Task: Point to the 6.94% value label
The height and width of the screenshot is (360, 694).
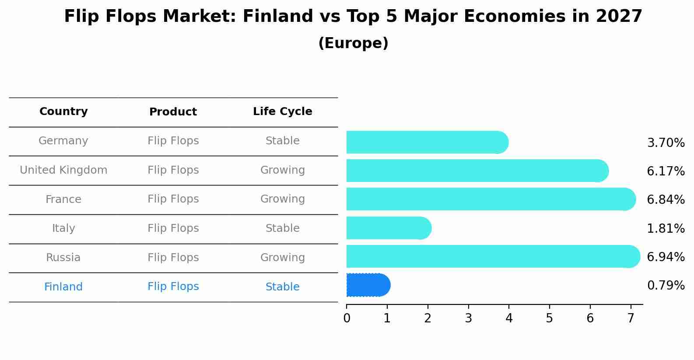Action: pyautogui.click(x=666, y=257)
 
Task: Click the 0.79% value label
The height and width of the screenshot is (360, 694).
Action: pyautogui.click(x=666, y=286)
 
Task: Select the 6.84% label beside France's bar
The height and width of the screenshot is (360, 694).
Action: pyautogui.click(x=666, y=199)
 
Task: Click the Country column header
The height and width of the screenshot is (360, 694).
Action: pyautogui.click(x=63, y=112)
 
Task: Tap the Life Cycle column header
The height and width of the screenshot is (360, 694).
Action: pyautogui.click(x=282, y=112)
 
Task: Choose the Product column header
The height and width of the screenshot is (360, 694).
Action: pyautogui.click(x=173, y=112)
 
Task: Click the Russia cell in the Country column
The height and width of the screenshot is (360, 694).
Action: pyautogui.click(x=63, y=258)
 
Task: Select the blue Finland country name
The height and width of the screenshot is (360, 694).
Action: pyautogui.click(x=63, y=287)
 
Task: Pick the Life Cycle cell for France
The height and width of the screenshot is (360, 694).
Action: pyautogui.click(x=282, y=199)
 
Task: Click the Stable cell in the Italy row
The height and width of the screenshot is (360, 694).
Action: pyautogui.click(x=282, y=228)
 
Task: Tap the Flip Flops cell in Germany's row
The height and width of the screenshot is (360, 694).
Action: pyautogui.click(x=173, y=141)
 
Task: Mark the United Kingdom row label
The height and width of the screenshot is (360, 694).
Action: pyautogui.click(x=63, y=170)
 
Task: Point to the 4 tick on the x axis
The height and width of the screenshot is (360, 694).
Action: pyautogui.click(x=509, y=318)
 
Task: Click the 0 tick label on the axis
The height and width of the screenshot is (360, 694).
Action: pyautogui.click(x=347, y=318)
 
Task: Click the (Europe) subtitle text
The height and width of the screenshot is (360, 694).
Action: pyautogui.click(x=353, y=43)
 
